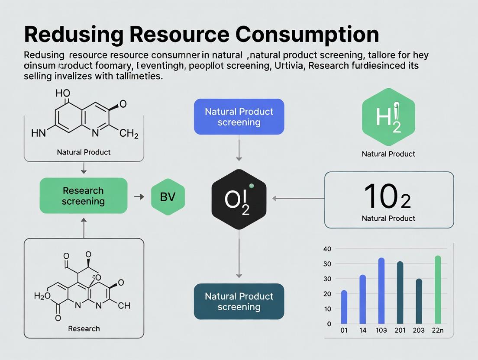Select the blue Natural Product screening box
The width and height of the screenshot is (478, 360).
[x=239, y=117]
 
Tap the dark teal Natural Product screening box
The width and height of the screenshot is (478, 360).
[x=239, y=302]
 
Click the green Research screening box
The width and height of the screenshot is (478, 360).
[x=84, y=196]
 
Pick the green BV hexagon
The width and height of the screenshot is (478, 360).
[x=168, y=197]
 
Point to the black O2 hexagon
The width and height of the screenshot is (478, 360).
[x=239, y=199]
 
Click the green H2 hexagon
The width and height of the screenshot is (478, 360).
[x=388, y=117]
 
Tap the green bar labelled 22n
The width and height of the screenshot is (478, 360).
[x=438, y=289]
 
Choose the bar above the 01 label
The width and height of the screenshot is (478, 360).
[x=344, y=307]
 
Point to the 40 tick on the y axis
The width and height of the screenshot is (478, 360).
[x=327, y=249]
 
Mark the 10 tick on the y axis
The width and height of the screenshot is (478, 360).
[x=327, y=309]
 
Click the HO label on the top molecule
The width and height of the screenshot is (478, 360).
[x=63, y=93]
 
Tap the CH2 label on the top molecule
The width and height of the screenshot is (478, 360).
[x=129, y=134]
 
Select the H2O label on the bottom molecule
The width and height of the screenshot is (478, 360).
[x=42, y=296]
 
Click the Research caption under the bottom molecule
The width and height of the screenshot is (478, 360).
[x=84, y=328]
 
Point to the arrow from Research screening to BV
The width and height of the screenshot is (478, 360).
[x=139, y=196]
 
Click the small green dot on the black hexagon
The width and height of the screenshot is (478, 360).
[x=252, y=186]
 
